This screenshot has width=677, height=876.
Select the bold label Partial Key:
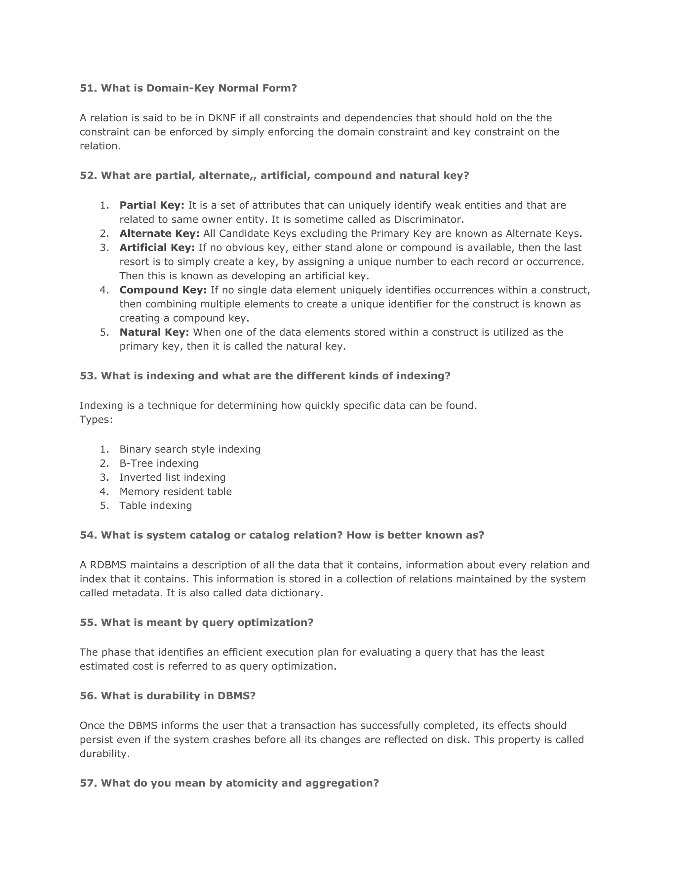click(152, 205)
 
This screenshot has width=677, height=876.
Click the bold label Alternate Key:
click(159, 233)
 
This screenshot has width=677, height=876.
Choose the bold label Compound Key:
click(163, 290)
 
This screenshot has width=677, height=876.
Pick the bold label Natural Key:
click(154, 332)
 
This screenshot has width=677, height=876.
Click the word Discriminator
click(428, 219)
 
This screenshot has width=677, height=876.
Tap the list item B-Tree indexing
click(159, 463)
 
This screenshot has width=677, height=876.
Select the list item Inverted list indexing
click(173, 477)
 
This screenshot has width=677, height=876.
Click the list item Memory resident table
click(175, 491)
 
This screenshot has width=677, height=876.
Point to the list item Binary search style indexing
click(190, 449)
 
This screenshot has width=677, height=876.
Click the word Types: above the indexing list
click(96, 419)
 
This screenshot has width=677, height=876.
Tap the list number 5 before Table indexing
click(104, 505)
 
